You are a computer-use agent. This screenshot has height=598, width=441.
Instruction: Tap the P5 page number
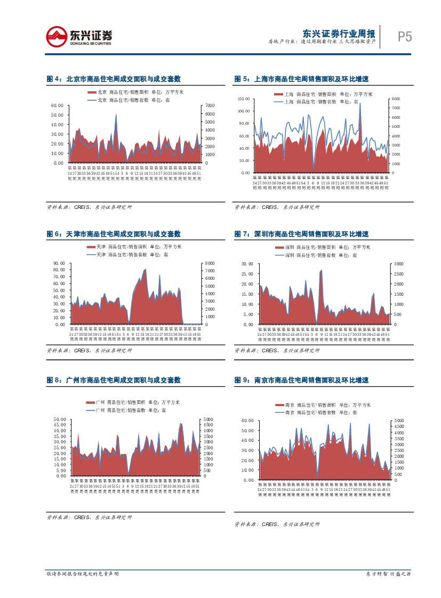pos(405,37)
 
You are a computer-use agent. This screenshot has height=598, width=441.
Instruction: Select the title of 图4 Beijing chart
pos(114,79)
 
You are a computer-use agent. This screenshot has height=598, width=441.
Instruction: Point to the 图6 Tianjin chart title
pos(114,234)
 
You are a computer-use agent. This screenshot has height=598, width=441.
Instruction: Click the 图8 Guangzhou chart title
pos(114,380)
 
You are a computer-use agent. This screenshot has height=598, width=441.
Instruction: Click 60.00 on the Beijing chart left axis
pos(57,106)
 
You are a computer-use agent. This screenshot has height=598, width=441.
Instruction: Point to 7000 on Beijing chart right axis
pos(210,106)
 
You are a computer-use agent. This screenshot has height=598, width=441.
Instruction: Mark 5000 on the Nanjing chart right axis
pos(398,421)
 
